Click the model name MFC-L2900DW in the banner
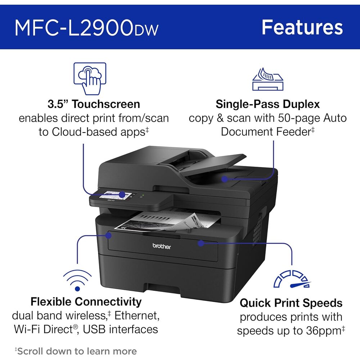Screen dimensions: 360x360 click(86, 28)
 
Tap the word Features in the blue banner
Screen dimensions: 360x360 click(302, 27)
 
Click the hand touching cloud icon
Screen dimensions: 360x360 click(90, 78)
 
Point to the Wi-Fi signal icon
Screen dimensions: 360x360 click(77, 279)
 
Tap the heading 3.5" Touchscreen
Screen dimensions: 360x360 click(94, 104)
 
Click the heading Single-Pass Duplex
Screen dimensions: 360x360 click(267, 104)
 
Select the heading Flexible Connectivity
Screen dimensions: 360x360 click(86, 301)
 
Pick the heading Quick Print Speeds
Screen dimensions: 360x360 click(291, 303)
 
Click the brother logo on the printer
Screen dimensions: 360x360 click(162, 247)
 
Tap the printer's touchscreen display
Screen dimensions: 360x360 click(114, 195)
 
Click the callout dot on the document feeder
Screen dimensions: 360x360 click(225, 178)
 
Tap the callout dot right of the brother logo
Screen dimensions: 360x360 click(201, 243)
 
